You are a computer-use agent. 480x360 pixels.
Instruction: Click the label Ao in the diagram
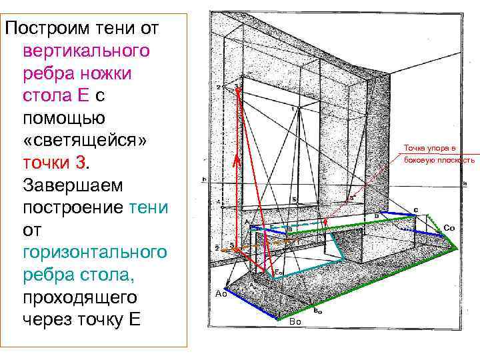pyautogui.click(x=222, y=294)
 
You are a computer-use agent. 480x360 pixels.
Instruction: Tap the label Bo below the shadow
pyautogui.click(x=296, y=322)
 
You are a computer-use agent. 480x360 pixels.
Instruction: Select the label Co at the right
pyautogui.click(x=449, y=228)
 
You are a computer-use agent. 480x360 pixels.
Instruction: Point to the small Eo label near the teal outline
pyautogui.click(x=278, y=273)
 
